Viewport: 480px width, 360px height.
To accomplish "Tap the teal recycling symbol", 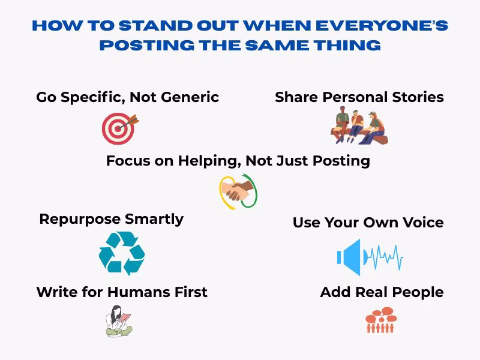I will pos(122,254).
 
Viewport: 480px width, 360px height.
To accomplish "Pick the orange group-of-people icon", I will pos(381,320).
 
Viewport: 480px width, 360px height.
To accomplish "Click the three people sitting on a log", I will pos(359,126).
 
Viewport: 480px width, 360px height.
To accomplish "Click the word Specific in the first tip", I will pos(91,97).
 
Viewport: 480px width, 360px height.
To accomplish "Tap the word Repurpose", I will pos(76,220).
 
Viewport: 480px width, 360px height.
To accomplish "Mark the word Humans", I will pos(136,292).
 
